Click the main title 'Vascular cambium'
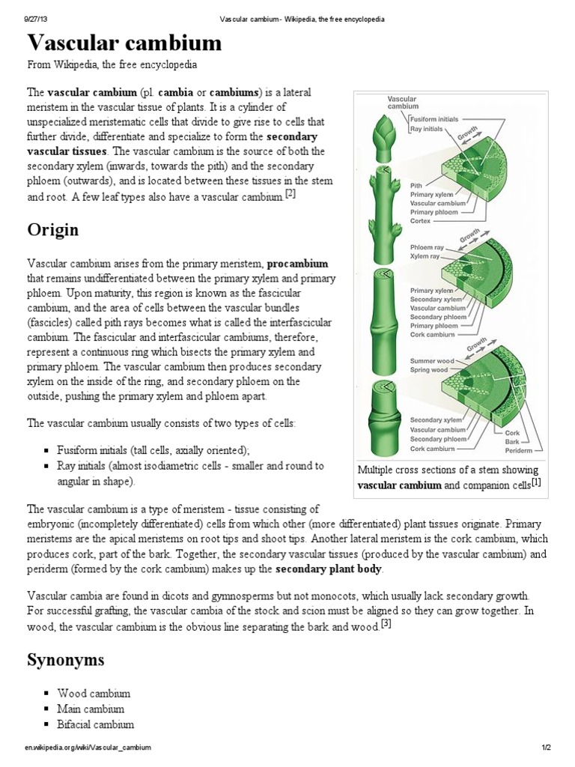pos(124,43)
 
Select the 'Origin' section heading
pos(53,228)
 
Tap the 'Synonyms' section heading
pos(66,660)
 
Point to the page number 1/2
pos(546,748)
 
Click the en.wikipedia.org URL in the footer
pos(88,748)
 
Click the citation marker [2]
pos(290,194)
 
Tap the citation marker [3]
pos(386,624)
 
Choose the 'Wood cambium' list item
pos(94,694)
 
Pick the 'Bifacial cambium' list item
pos(96,724)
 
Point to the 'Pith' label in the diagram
pos(417,184)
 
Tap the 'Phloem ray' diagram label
pos(428,247)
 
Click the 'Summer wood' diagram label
pos(430,361)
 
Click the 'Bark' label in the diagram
pos(513,441)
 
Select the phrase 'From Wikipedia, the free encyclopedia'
pos(112,65)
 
